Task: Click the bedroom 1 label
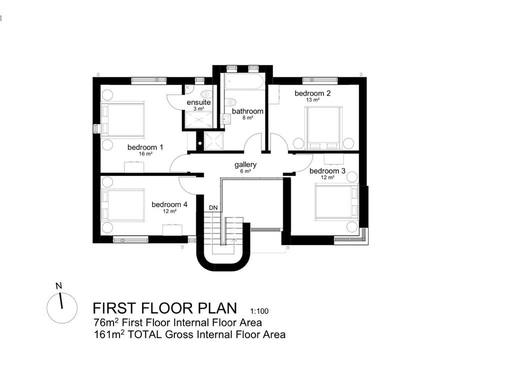[145, 147]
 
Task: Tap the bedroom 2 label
[312, 93]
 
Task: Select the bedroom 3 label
[327, 171]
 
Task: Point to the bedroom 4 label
[169, 204]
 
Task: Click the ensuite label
[198, 102]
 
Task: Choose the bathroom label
[247, 111]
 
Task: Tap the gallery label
[245, 164]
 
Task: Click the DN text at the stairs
[213, 207]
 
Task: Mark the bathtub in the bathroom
[243, 82]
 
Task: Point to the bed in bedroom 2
[324, 127]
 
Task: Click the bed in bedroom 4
[123, 204]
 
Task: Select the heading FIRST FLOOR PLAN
[165, 307]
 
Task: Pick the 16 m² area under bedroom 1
[145, 154]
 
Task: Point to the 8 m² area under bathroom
[248, 118]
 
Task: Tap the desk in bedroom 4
[172, 230]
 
